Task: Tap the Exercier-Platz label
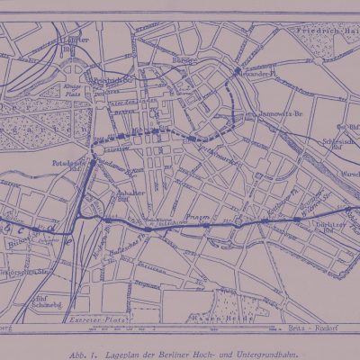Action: click(x=99, y=320)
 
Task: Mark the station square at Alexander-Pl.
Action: click(x=238, y=70)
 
